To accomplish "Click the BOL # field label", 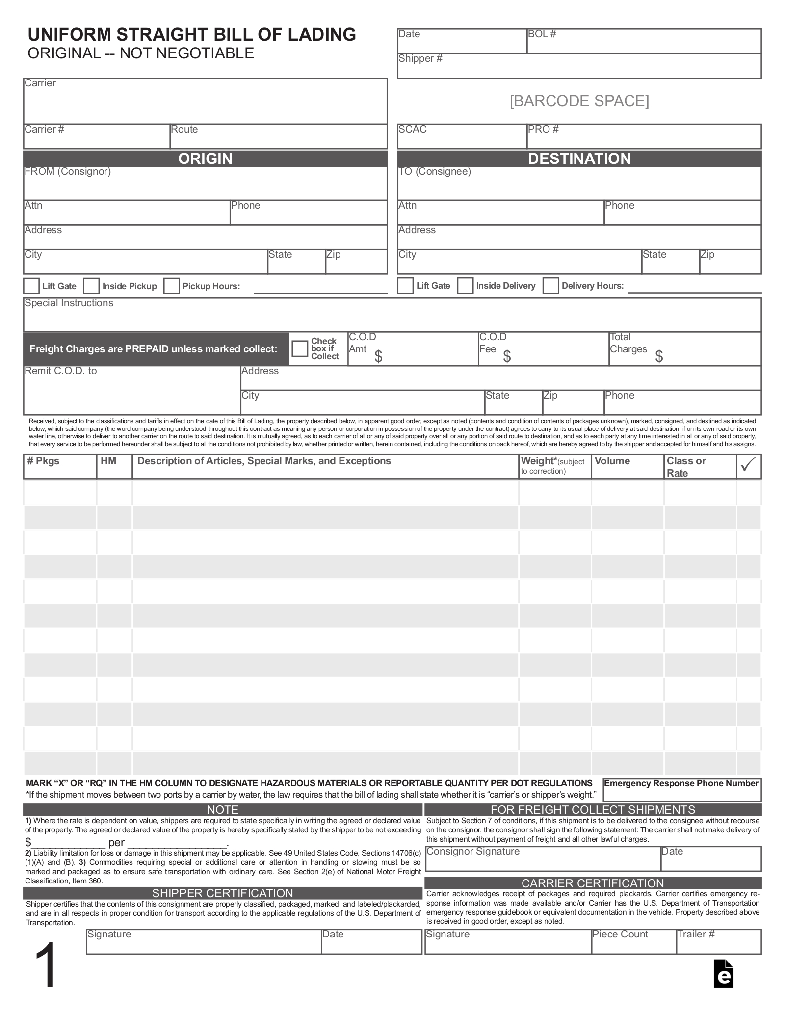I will tap(542, 34).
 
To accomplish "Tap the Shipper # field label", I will tap(420, 58).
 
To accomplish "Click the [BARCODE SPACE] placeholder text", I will tap(579, 101).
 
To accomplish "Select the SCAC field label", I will tap(412, 129).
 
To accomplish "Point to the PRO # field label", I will tap(543, 129).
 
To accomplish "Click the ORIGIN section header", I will tap(205, 159).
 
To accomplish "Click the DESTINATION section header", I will tap(579, 159).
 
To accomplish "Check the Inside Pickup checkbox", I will tap(91, 286).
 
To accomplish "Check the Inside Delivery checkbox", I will tap(465, 285).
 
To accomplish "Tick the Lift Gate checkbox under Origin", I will tap(31, 286).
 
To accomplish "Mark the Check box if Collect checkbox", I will tap(299, 348).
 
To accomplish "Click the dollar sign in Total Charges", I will tap(659, 356).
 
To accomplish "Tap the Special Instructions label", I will tap(69, 303).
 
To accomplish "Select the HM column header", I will tap(108, 461).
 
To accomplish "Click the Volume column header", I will tap(612, 461).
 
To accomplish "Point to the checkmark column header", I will tap(748, 465).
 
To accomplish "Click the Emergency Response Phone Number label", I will tap(681, 783).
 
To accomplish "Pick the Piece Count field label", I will tap(620, 934).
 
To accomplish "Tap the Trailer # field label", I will tap(696, 934).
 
